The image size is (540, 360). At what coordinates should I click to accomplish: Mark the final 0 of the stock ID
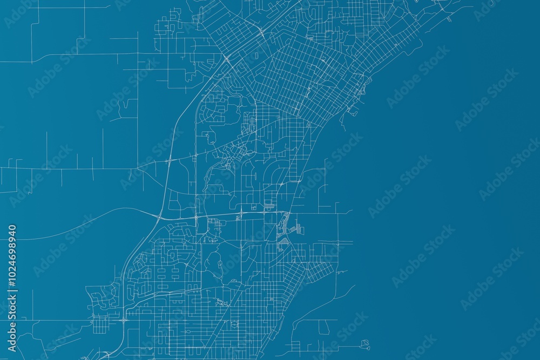point(12,227)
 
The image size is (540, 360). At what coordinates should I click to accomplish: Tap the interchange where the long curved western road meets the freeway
point(158,217)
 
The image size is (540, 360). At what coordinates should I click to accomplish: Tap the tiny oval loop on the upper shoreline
point(449,20)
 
